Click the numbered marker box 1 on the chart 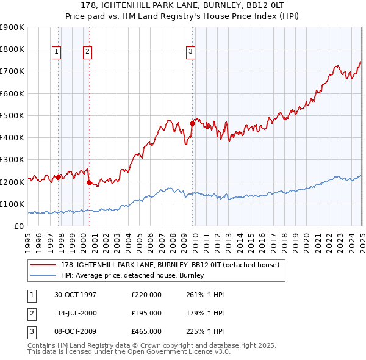coord(56,52)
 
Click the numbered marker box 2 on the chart coord(87,52)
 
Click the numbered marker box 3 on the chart coord(190,52)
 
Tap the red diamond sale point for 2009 coord(192,123)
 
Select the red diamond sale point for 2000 coord(89,182)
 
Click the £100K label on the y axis coord(12,204)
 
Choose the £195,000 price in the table coord(146,313)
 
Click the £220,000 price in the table coord(146,295)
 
